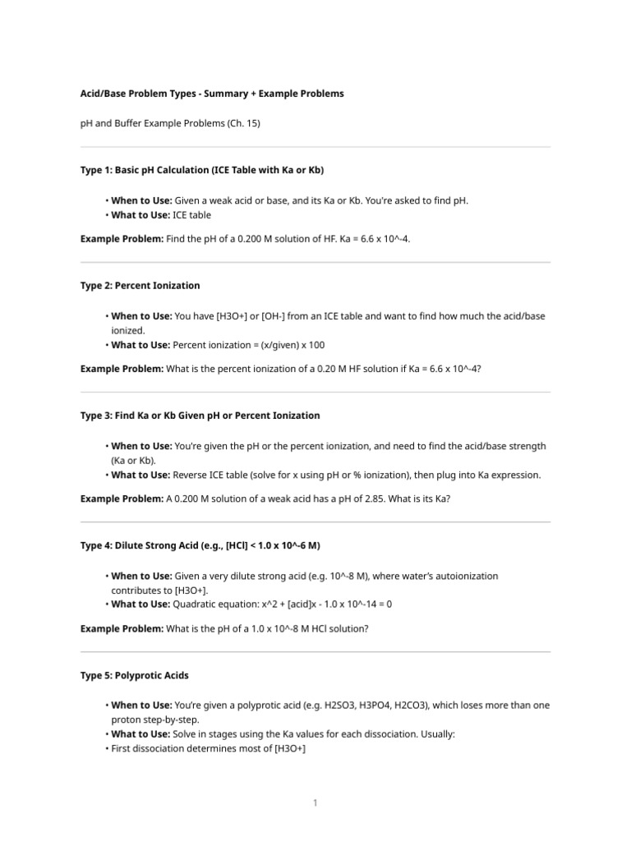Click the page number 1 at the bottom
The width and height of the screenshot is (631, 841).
tap(315, 802)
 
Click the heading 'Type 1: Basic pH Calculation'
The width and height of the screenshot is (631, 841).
tap(202, 170)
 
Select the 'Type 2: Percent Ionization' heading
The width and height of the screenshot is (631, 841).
tap(140, 286)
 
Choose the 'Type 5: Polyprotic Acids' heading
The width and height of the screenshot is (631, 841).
tap(134, 675)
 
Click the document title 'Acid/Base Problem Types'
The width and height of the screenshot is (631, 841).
tap(212, 94)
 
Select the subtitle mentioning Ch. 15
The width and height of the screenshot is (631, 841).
tap(170, 123)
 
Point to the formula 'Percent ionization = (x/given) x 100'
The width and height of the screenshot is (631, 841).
tap(255, 345)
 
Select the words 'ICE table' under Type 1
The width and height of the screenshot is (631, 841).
tap(191, 215)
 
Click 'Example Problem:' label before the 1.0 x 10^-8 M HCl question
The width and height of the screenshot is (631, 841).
tap(122, 628)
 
